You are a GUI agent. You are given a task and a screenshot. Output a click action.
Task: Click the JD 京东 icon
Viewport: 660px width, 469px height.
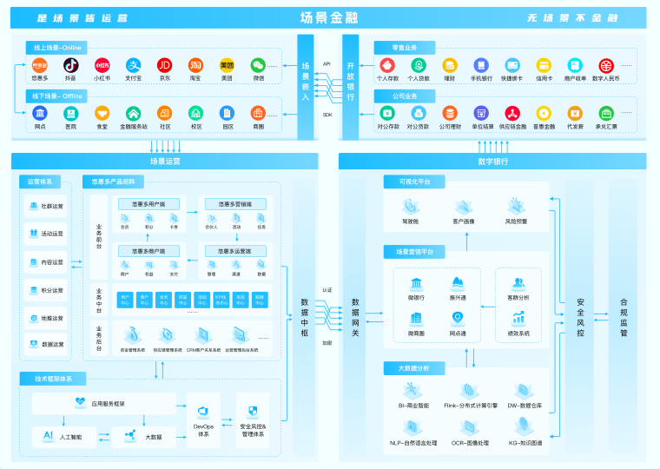click(164, 65)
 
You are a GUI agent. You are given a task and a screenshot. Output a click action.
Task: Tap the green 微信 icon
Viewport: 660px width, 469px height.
click(258, 65)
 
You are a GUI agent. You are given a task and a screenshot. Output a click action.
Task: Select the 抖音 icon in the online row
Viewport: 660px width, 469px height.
click(70, 65)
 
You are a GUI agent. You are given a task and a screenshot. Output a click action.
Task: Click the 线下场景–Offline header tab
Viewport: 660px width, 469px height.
click(56, 96)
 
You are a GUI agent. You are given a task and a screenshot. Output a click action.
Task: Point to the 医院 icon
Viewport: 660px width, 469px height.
click(70, 113)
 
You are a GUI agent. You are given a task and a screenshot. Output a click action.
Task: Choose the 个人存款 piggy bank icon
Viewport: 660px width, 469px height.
click(387, 65)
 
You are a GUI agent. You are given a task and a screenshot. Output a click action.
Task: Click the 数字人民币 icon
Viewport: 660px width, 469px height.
click(605, 65)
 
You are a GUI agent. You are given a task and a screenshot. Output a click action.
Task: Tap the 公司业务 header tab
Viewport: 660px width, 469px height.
click(396, 96)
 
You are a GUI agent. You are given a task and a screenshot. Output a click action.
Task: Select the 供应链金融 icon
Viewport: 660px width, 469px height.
click(512, 113)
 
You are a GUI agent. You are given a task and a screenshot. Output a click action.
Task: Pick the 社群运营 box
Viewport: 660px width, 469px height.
click(46, 206)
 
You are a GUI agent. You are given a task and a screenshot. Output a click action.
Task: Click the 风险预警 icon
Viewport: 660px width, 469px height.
click(517, 208)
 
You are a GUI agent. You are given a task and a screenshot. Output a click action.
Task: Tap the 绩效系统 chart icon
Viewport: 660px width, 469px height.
click(518, 319)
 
